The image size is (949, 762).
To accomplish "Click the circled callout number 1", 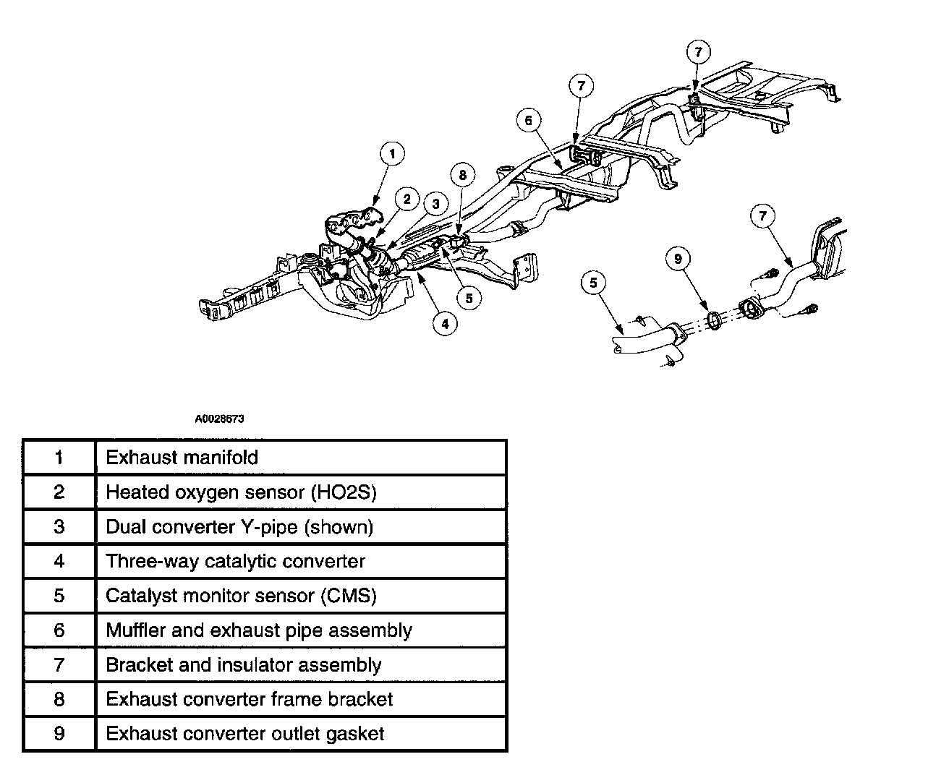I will click(391, 153).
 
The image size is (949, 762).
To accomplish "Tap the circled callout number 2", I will click(407, 199).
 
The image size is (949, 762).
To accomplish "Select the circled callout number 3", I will click(436, 205).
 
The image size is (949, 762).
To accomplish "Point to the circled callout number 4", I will click(445, 323).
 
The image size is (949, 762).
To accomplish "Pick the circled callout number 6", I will click(529, 120).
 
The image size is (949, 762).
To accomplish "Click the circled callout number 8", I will click(463, 174).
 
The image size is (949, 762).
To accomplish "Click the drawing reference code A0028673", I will click(219, 419).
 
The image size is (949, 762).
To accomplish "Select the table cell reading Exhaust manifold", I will click(182, 458).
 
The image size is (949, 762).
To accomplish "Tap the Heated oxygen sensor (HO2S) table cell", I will click(241, 492).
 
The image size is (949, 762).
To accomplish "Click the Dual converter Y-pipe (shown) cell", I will click(239, 527).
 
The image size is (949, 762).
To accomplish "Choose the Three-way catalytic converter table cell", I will click(235, 562).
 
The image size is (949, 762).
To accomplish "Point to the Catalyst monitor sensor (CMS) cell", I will click(241, 596).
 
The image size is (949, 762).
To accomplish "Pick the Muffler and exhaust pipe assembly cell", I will click(258, 630).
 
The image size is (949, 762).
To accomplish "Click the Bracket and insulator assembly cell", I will click(243, 665).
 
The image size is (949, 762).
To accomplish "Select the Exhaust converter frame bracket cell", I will click(249, 700).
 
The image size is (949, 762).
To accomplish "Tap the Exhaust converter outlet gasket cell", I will click(244, 734).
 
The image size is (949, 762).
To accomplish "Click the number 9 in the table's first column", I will click(59, 734).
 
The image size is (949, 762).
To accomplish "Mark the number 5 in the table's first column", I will click(59, 596).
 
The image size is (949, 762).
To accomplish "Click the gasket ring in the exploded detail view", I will click(713, 320).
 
